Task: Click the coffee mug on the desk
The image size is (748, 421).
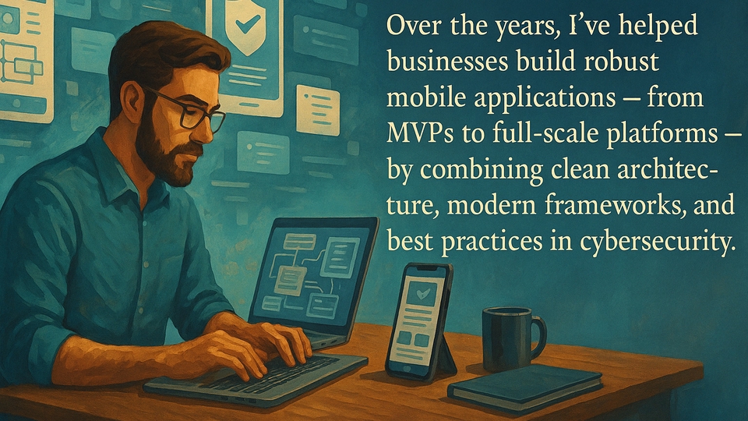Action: tap(506, 338)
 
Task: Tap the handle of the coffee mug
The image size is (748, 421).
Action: tap(538, 333)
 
